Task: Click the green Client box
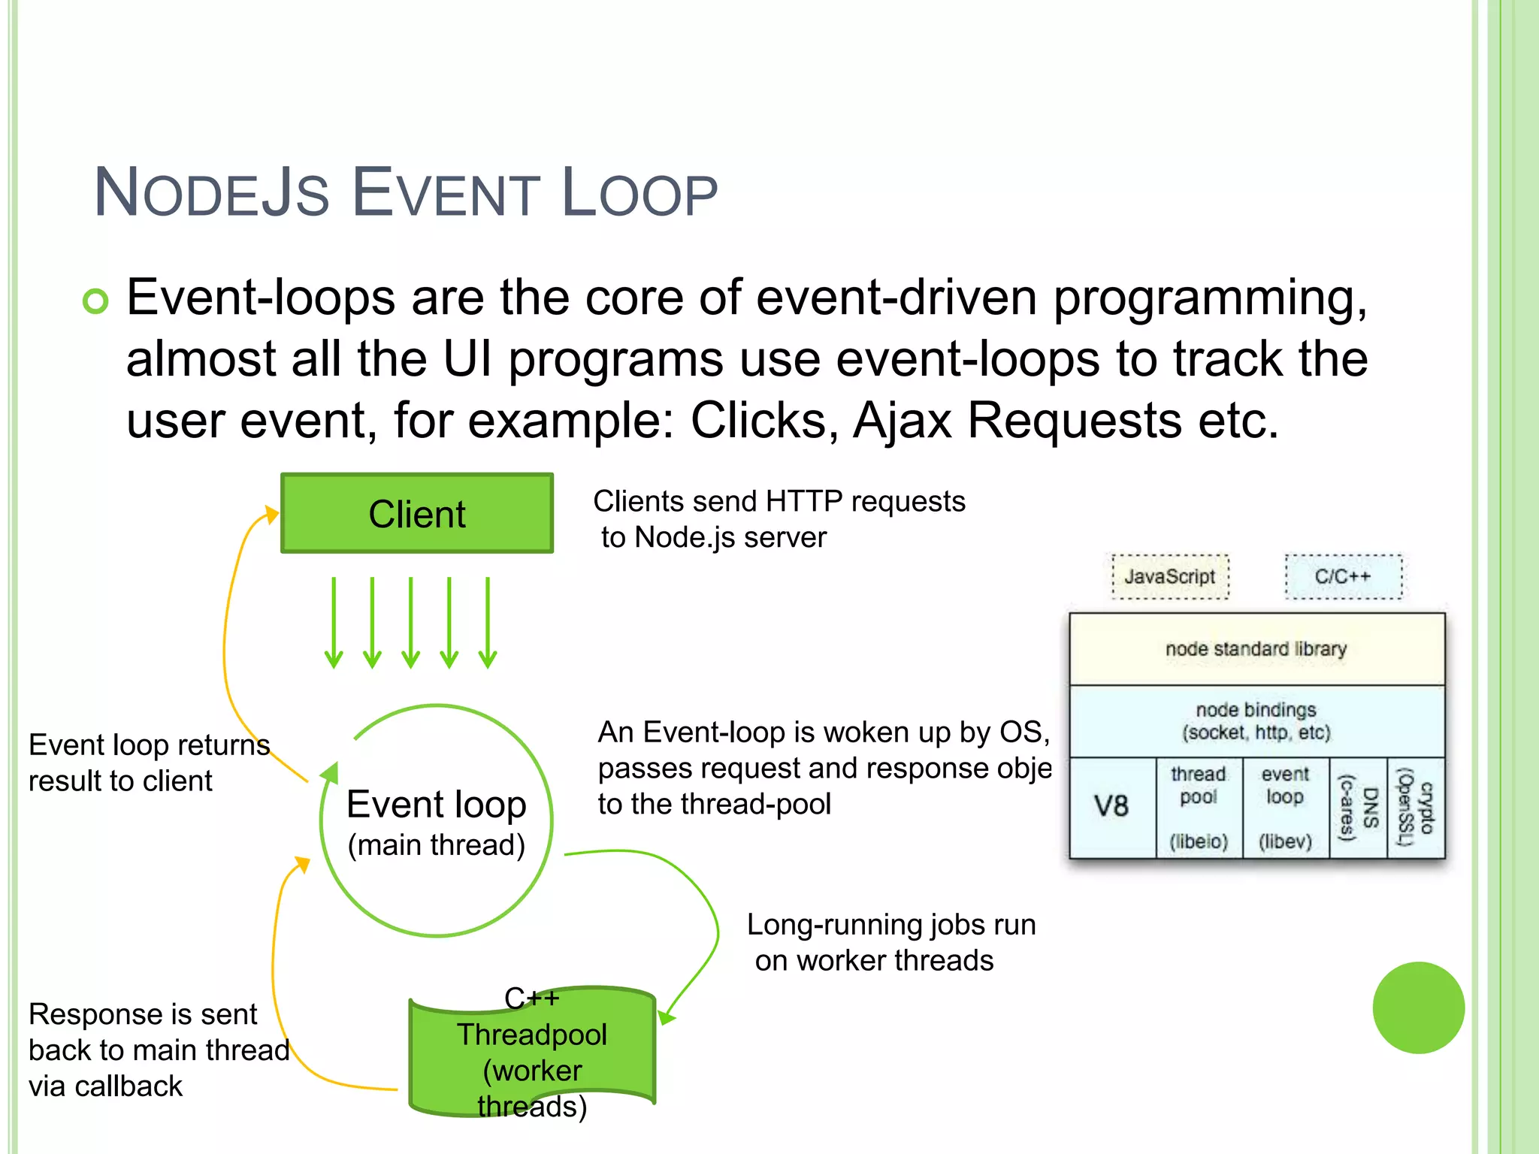pyautogui.click(x=417, y=514)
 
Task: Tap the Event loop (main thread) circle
pyautogui.click(x=436, y=821)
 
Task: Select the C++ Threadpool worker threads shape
pyautogui.click(x=532, y=1052)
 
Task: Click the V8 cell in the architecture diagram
pyautogui.click(x=1111, y=807)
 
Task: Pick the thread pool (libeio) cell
pyautogui.click(x=1199, y=807)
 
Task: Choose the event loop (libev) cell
pyautogui.click(x=1285, y=807)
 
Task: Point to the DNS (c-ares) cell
pyautogui.click(x=1359, y=807)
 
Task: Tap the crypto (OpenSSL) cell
pyautogui.click(x=1416, y=807)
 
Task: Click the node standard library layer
pyautogui.click(x=1256, y=648)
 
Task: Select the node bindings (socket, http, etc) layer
pyautogui.click(x=1256, y=720)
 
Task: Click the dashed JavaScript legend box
pyautogui.click(x=1170, y=576)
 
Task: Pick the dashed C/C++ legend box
pyautogui.click(x=1343, y=576)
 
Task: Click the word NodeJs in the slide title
pyautogui.click(x=212, y=194)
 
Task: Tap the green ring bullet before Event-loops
pyautogui.click(x=96, y=301)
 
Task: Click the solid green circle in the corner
pyautogui.click(x=1418, y=1007)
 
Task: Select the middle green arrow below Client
pyautogui.click(x=411, y=622)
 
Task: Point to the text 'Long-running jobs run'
pyautogui.click(x=891, y=925)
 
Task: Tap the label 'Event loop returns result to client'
pyautogui.click(x=149, y=763)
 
